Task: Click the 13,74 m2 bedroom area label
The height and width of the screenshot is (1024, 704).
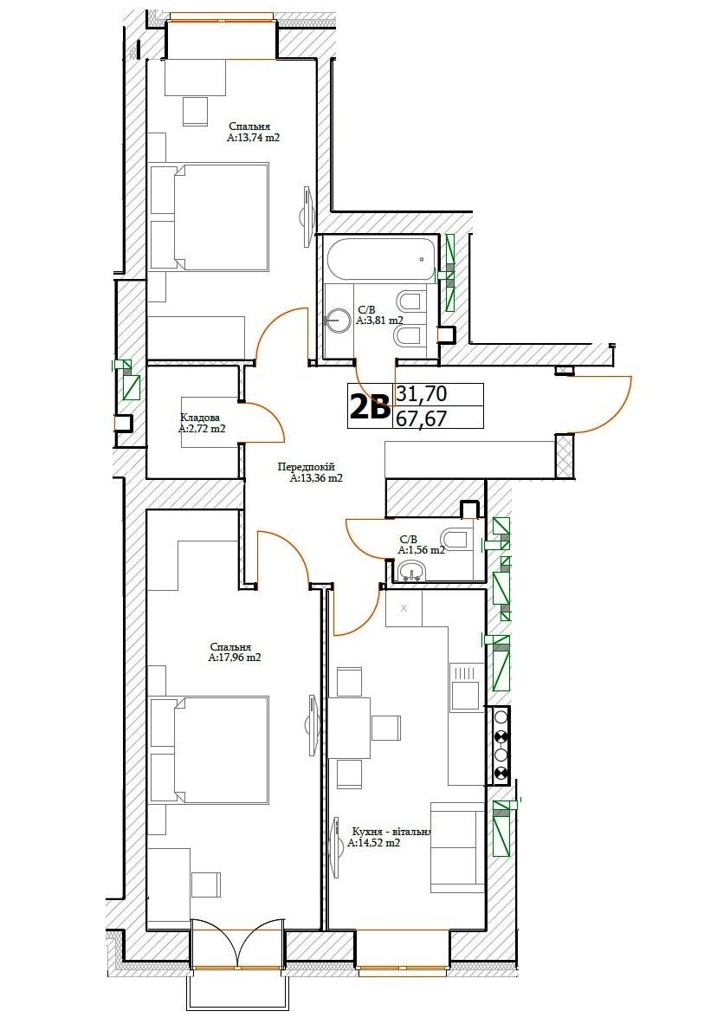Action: point(254,138)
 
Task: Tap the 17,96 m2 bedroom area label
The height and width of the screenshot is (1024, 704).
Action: point(235,658)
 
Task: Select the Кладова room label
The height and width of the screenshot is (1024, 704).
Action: point(200,418)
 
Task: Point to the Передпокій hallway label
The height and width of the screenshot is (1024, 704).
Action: point(307,467)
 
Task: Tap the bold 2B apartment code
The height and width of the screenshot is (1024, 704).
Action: point(371,407)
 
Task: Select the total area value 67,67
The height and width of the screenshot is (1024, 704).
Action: point(422,418)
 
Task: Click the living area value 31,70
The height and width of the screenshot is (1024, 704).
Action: point(422,394)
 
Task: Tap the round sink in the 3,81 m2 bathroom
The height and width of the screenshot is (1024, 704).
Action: point(338,321)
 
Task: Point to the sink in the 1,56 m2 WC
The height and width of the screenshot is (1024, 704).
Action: point(410,573)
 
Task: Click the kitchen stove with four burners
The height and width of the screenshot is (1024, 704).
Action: point(501,744)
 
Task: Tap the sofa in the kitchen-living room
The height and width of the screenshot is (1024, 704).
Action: point(458,847)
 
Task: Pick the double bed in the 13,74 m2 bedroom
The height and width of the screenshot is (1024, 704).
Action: point(210,217)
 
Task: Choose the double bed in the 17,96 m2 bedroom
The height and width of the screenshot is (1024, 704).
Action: point(210,749)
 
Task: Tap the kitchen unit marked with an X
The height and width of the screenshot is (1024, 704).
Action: point(404,608)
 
